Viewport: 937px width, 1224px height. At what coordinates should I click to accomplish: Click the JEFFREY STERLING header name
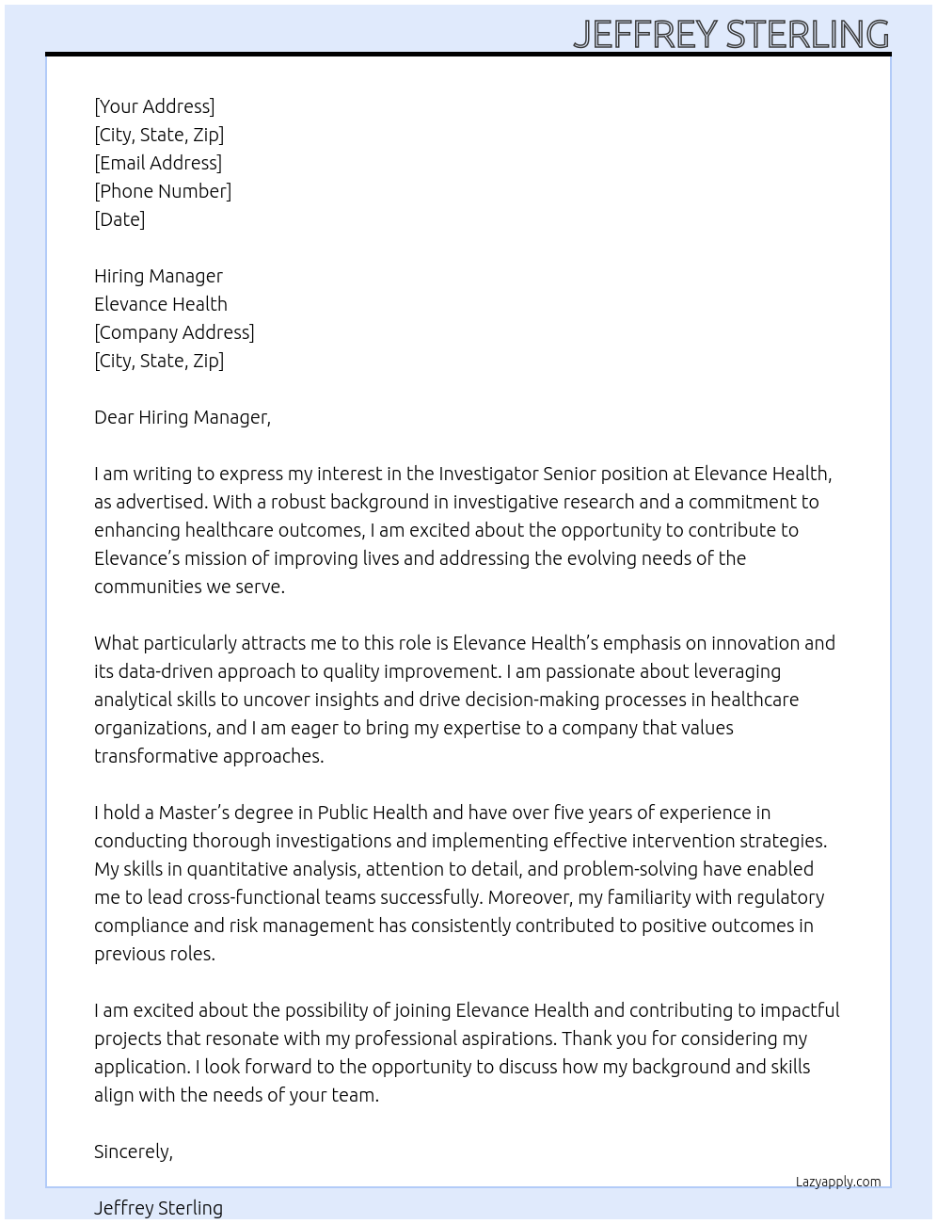coord(731,34)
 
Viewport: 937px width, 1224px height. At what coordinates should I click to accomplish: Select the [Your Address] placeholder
coord(154,106)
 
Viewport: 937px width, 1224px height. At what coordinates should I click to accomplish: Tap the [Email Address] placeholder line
coord(158,163)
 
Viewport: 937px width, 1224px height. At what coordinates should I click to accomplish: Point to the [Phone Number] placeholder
coord(163,191)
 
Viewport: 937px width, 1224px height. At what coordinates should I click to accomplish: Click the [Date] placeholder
coord(119,219)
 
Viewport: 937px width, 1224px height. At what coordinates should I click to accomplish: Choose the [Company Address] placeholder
coord(174,332)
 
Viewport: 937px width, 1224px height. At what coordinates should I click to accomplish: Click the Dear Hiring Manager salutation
coord(183,417)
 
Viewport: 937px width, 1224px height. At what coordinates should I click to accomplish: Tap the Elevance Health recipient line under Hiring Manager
coord(161,304)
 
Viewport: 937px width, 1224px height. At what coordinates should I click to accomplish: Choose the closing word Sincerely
coord(134,1152)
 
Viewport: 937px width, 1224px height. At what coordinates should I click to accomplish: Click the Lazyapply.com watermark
coord(838,1182)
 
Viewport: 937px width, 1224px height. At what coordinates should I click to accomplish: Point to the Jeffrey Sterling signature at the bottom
coord(158,1208)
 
